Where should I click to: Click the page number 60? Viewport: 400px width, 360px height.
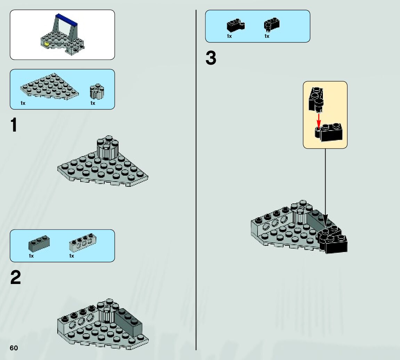click(x=14, y=348)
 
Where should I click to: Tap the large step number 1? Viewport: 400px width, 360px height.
click(x=14, y=125)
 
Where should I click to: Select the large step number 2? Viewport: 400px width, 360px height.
click(x=15, y=278)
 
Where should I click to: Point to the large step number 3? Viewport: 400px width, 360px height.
click(x=211, y=58)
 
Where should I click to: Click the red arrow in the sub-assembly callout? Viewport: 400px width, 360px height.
click(x=319, y=119)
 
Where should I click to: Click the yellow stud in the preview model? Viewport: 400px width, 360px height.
click(x=47, y=44)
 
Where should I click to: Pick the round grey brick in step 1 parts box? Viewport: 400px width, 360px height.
click(x=97, y=92)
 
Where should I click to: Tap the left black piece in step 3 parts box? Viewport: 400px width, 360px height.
click(x=235, y=25)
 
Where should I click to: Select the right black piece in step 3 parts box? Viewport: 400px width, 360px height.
click(x=272, y=25)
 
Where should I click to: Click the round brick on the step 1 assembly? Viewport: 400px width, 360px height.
click(x=107, y=147)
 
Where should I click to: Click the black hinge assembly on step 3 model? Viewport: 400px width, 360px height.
click(x=332, y=239)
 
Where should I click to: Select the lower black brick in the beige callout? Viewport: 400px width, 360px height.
click(x=330, y=133)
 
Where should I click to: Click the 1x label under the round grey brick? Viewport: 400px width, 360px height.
click(x=93, y=103)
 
